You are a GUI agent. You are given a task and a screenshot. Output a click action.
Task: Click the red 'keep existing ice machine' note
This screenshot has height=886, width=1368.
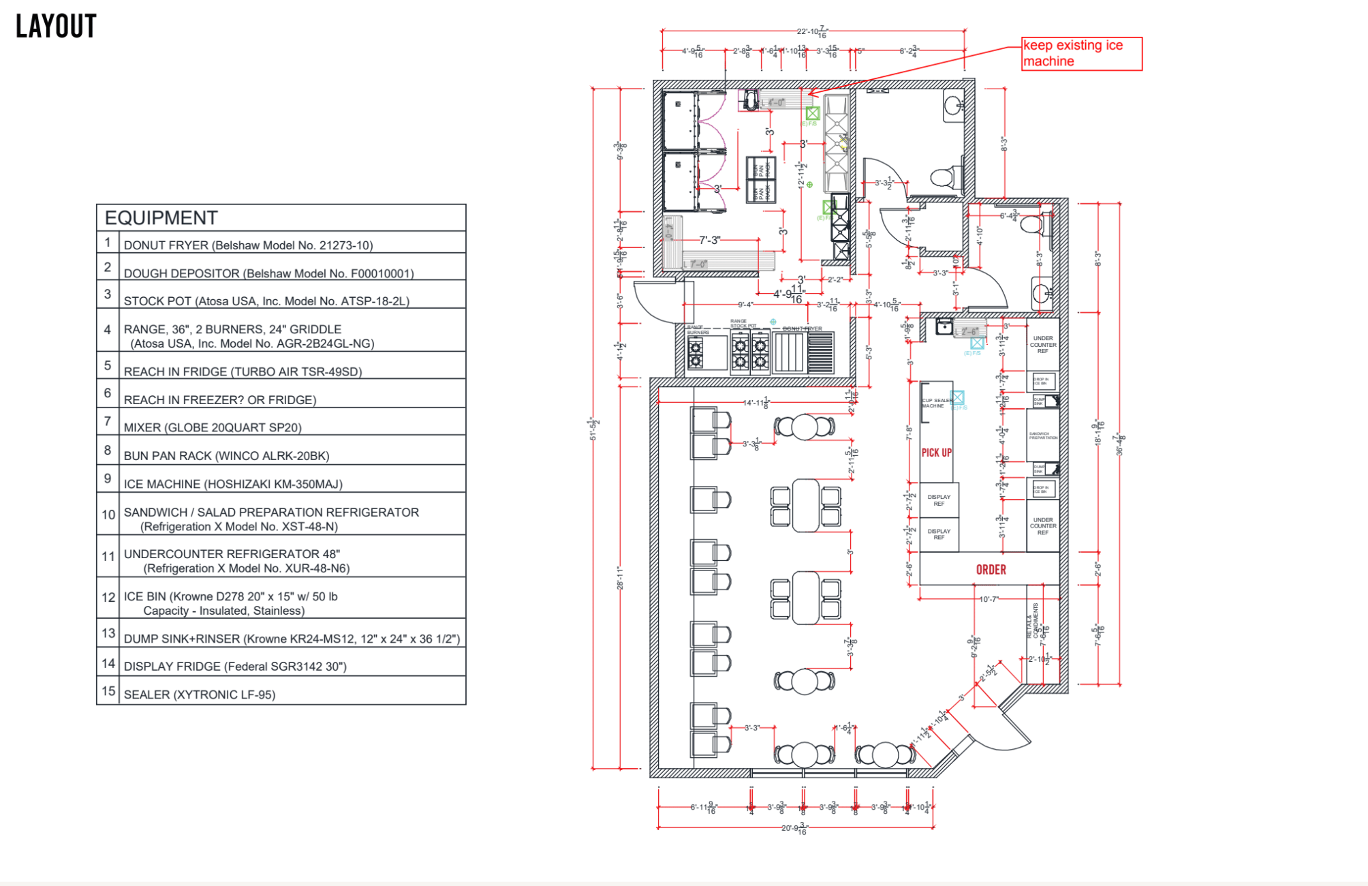coord(1081,53)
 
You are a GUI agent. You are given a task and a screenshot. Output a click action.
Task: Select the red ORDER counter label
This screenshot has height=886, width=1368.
coord(991,570)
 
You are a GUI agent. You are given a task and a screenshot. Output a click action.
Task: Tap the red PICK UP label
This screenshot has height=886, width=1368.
coord(937,453)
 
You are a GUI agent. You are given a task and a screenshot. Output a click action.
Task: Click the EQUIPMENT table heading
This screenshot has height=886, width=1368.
coord(161,218)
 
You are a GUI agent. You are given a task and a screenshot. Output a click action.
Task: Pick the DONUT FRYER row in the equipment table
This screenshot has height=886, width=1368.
coord(248,245)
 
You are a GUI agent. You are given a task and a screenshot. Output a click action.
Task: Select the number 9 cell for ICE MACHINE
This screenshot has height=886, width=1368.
coord(108,479)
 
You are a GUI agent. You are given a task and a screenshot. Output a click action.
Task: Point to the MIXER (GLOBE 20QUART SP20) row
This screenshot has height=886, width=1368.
coord(213,427)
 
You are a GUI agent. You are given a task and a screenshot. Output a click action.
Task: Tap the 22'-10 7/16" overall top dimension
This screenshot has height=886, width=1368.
coord(813,31)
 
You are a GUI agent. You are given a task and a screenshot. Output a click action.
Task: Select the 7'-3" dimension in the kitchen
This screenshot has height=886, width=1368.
coord(710,240)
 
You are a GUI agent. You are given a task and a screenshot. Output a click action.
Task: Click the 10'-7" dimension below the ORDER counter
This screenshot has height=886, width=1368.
coord(989,599)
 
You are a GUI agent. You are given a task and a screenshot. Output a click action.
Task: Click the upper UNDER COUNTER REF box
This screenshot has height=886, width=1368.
coord(1043,345)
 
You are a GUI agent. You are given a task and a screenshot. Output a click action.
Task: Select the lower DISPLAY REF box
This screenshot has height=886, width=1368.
coord(939,534)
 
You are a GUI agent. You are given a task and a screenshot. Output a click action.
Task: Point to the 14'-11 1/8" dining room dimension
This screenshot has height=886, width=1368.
coord(756,403)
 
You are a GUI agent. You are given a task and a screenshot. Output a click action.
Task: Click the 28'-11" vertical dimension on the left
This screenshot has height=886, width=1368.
coord(620,577)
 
